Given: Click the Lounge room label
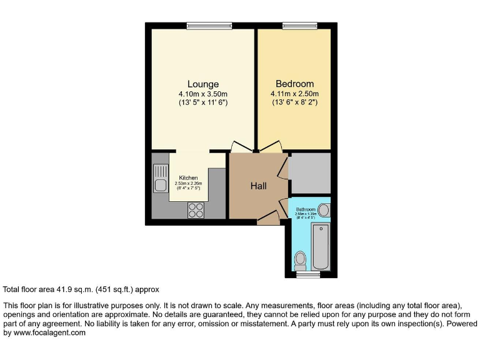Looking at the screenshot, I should (x=203, y=84).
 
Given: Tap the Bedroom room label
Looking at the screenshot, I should (x=295, y=84).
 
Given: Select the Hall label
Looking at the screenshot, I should (x=259, y=186).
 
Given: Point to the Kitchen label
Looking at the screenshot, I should (x=188, y=178).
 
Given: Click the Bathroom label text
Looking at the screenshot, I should (x=306, y=209).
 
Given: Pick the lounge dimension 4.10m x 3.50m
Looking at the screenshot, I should (x=203, y=94).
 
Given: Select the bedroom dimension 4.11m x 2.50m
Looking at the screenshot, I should (x=295, y=94).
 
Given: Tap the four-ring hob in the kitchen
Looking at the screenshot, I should (x=196, y=211).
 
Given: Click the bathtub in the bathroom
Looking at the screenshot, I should (x=320, y=246).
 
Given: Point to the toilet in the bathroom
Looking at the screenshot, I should (x=301, y=258).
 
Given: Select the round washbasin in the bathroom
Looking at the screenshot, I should (x=324, y=210).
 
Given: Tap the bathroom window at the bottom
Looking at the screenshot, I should (x=307, y=274).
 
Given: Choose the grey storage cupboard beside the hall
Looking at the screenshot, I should (x=309, y=173).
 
